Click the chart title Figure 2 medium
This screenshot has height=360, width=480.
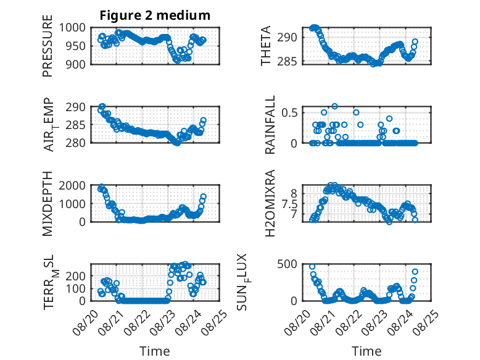tap(155, 15)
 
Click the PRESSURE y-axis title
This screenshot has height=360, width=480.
tap(48, 46)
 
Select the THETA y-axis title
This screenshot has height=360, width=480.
tap(266, 46)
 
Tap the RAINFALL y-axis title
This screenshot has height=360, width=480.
tap(270, 125)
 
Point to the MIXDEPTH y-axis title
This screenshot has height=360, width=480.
tap(48, 204)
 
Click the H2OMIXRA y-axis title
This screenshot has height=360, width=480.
tap(270, 203)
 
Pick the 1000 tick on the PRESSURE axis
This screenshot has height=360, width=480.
tap(73, 28)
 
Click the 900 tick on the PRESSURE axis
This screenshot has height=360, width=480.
tap(76, 64)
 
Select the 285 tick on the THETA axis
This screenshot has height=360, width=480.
tap(287, 62)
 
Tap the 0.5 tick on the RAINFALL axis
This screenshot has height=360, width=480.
tap(289, 112)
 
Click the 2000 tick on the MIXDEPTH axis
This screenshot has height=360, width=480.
tap(73, 185)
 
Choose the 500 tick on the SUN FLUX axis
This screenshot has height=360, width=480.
tap(287, 264)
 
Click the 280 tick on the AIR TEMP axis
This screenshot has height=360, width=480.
tap(76, 143)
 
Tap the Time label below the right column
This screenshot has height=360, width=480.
tap(366, 351)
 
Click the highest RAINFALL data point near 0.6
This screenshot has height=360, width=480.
tap(334, 106)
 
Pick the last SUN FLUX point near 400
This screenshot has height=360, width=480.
tap(415, 272)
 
